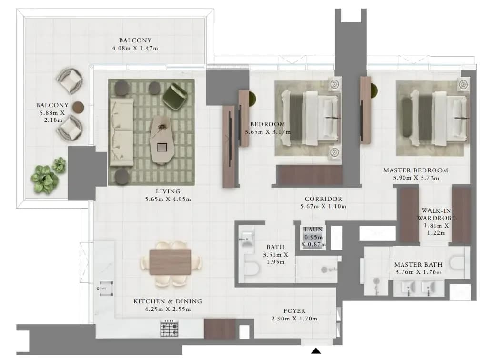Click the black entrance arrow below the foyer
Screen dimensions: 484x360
pos(315,351)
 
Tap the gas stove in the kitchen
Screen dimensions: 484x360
pos(169,329)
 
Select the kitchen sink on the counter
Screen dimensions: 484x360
pos(106,289)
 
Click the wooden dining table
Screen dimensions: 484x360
pos(170,262)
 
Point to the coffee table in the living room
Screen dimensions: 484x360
pos(162,140)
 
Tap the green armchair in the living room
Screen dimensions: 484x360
pos(175,96)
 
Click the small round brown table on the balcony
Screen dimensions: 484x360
pos(79,107)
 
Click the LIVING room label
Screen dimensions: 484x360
pos(168,191)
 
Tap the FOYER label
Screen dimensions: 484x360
pos(294,311)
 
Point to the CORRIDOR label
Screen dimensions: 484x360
pos(323,199)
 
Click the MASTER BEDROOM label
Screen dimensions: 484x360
pos(416,170)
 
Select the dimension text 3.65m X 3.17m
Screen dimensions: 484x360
pos(268,132)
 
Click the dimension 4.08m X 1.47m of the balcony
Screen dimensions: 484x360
pos(135,48)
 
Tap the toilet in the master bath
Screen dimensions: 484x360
pos(457,263)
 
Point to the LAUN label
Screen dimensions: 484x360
pos(313,230)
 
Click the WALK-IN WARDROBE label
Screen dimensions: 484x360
pos(436,214)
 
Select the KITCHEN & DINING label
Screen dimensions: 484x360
pos(168,301)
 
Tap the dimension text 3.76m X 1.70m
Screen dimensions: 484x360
pos(418,272)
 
